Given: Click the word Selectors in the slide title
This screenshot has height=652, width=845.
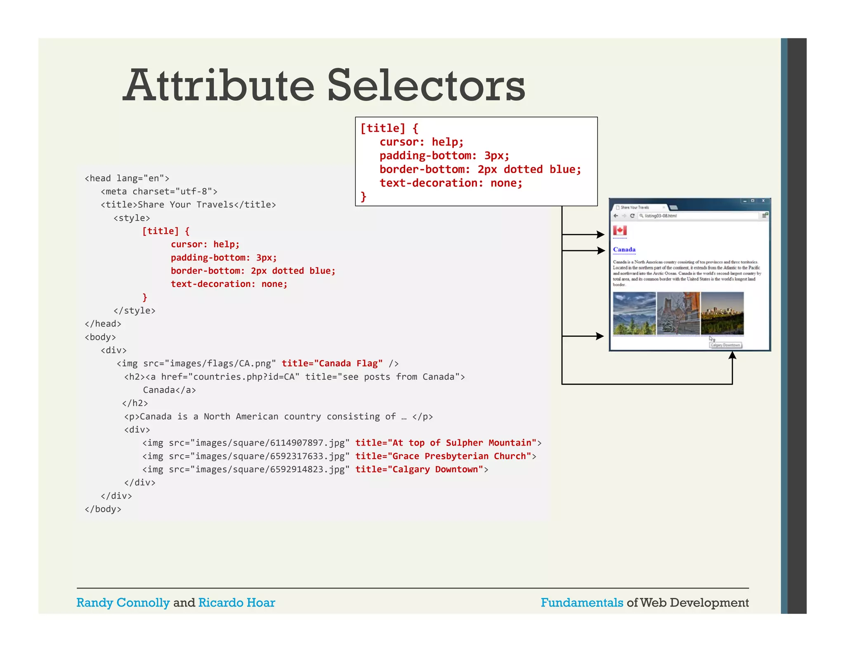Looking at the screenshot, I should tap(426, 85).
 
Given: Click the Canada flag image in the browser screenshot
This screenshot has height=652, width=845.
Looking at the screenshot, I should tap(620, 230).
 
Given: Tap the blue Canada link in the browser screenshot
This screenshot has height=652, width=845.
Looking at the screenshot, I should tap(624, 249).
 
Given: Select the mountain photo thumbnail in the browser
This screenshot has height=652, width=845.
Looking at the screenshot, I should tap(634, 313).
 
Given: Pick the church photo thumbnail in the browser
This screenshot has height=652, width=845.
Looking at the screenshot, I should tap(678, 313).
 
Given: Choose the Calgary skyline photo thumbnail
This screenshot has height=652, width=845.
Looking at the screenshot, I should tap(722, 313).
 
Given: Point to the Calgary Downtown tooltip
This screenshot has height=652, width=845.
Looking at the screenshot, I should tap(725, 345).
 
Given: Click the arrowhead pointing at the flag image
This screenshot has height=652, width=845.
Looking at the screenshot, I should tap(600, 235).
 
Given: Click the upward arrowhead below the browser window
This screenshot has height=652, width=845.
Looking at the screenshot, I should tap(732, 356).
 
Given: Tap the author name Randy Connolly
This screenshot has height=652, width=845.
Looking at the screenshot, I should tap(123, 603).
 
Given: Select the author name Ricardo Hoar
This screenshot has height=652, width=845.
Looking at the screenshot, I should tap(236, 603).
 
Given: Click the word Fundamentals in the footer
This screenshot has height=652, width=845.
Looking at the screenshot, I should tap(582, 603).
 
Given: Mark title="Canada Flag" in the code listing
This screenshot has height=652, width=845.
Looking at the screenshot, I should tap(332, 364).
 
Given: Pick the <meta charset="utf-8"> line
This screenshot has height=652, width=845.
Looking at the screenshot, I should tap(159, 192).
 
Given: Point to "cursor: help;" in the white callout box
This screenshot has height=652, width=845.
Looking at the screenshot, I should tap(421, 142).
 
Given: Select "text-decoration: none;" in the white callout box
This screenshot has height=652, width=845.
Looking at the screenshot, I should tap(451, 183).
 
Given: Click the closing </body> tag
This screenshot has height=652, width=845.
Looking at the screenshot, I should tap(103, 509).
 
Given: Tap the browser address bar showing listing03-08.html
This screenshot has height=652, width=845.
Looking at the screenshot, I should tap(697, 216).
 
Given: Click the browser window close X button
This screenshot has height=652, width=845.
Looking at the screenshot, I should tap(763, 201).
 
